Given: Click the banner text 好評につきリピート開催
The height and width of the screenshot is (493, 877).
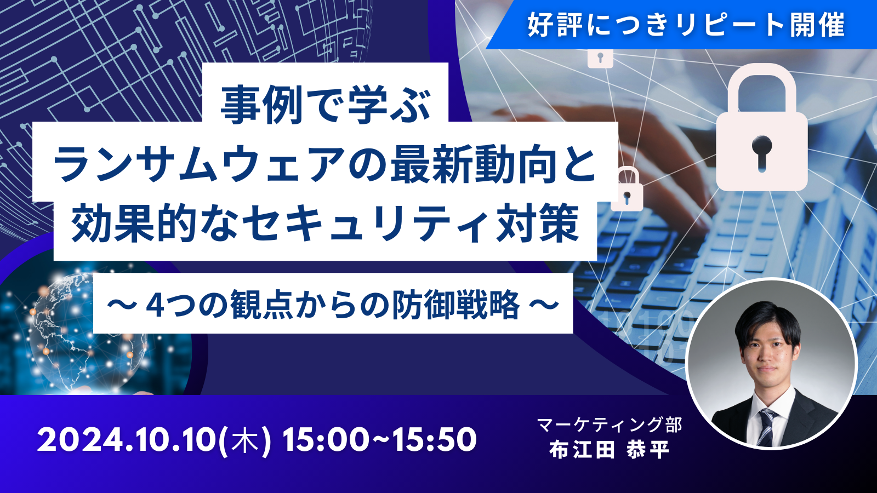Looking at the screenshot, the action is pos(686,24).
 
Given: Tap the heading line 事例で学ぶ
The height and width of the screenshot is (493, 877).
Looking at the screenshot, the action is pos(326,105).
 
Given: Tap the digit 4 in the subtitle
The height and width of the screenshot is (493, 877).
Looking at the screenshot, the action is pos(156,304).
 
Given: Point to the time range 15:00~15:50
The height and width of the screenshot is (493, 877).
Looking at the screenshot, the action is pos(379,439).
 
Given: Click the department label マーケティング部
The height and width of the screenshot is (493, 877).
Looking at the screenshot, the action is pos(609,425).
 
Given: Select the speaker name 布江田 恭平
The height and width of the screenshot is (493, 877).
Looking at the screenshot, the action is pos(609,450).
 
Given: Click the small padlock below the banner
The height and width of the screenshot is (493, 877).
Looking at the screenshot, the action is pos(600,59).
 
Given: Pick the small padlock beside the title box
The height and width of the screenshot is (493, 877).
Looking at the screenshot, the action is pos(627,189).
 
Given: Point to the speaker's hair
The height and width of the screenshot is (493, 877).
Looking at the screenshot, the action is pos(767,319).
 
